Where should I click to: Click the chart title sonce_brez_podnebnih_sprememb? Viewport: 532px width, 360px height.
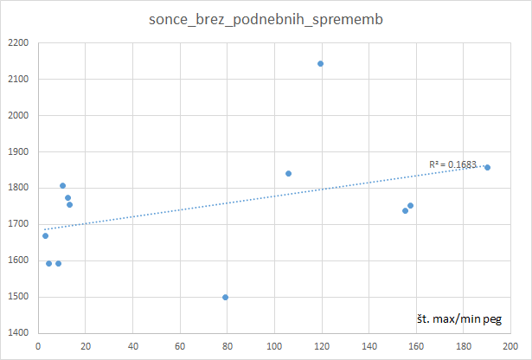[x=265, y=18]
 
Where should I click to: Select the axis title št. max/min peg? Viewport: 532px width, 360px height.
[x=458, y=320]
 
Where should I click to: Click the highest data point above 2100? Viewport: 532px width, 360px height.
[x=320, y=63]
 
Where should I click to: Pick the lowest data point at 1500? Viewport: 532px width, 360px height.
[x=225, y=297]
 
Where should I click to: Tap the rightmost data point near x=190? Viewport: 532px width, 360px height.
[x=487, y=167]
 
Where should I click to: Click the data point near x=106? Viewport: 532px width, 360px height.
[x=288, y=173]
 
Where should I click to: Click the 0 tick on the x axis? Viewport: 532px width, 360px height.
[x=38, y=346]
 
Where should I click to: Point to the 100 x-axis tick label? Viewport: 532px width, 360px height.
[x=275, y=346]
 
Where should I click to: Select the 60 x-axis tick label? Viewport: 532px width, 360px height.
[x=180, y=346]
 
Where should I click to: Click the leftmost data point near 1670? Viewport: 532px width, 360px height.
[x=45, y=235]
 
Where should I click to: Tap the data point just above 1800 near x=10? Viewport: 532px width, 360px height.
[x=62, y=185]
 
